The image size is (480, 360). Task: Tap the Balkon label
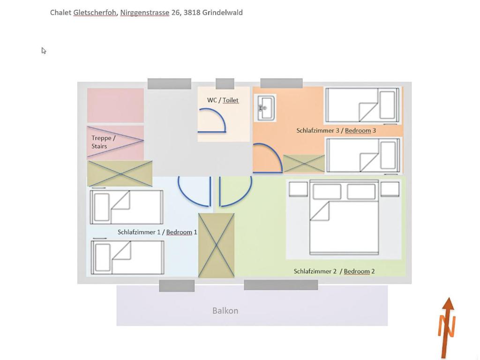click(x=225, y=311)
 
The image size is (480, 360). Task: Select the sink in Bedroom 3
click(x=265, y=108)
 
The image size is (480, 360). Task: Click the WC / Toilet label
click(x=223, y=100)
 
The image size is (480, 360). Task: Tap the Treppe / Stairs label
click(x=103, y=142)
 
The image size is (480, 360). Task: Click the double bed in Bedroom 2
click(x=344, y=217)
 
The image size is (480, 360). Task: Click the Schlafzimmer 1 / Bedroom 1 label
click(x=157, y=232)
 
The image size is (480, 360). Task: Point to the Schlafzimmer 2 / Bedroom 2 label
click(x=334, y=271)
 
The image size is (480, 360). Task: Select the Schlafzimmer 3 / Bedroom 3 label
click(x=336, y=130)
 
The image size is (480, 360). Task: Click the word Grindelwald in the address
click(x=223, y=13)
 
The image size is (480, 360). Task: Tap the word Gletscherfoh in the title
click(x=95, y=13)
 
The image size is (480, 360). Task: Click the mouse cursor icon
click(x=44, y=51)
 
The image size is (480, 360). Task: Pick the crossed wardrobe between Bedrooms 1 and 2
click(x=217, y=245)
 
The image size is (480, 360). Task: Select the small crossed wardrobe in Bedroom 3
click(x=304, y=164)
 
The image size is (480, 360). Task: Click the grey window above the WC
click(x=225, y=84)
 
